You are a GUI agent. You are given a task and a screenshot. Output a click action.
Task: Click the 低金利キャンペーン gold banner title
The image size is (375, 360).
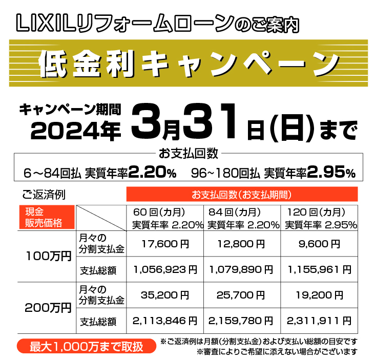pos(187,63)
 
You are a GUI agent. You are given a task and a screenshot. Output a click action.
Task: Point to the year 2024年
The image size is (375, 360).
pos(75,131)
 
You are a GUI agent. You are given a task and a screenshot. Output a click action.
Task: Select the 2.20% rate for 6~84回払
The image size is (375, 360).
pos(152,173)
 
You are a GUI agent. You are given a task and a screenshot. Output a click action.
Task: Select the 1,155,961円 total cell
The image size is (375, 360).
pos(319,268)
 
